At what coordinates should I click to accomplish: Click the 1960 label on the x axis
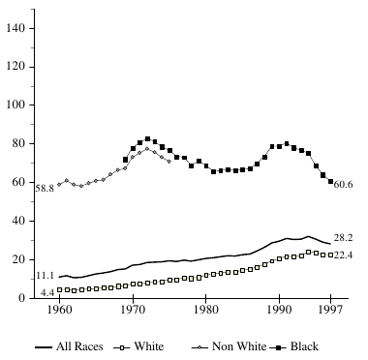coord(60,312)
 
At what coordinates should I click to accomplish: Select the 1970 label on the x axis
coord(133,312)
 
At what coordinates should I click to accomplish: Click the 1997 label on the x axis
coord(330,312)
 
